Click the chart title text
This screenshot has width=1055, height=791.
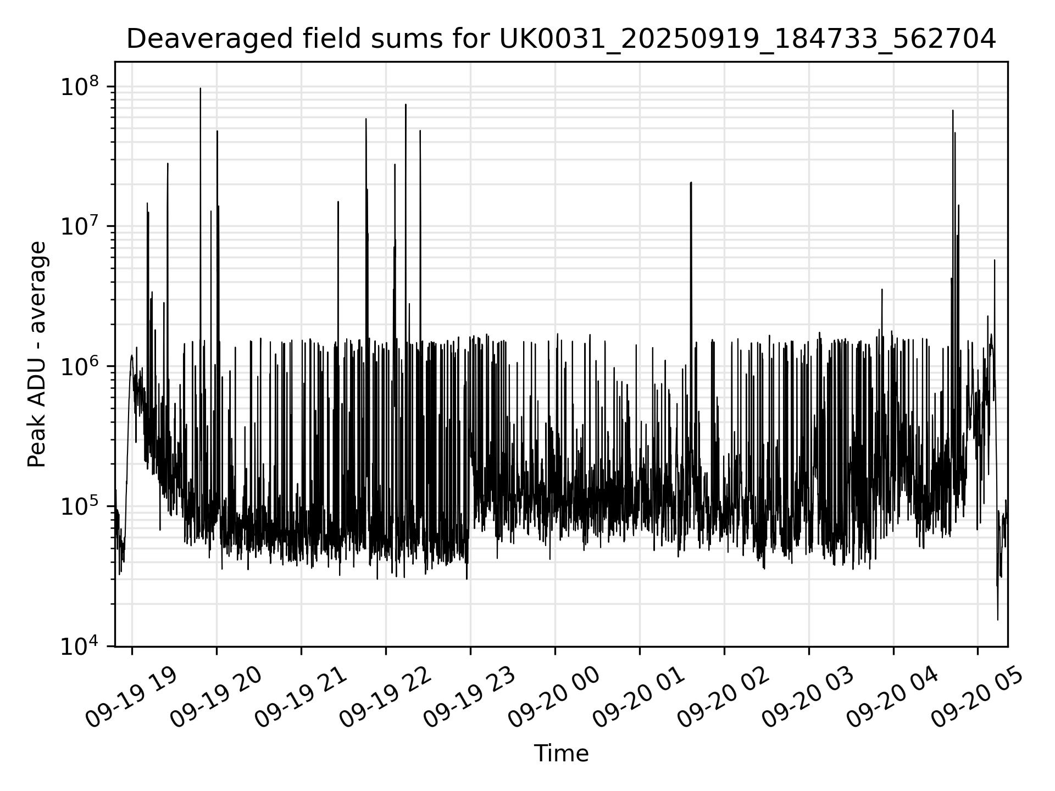pyautogui.click(x=561, y=39)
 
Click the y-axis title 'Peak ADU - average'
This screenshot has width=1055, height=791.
pyautogui.click(x=37, y=354)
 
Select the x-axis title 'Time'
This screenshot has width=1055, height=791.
pyautogui.click(x=561, y=754)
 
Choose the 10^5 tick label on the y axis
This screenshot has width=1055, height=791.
pyautogui.click(x=79, y=506)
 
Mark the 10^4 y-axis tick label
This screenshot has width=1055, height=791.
pyautogui.click(x=79, y=647)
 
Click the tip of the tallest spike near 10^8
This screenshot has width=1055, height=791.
pyautogui.click(x=200, y=88)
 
